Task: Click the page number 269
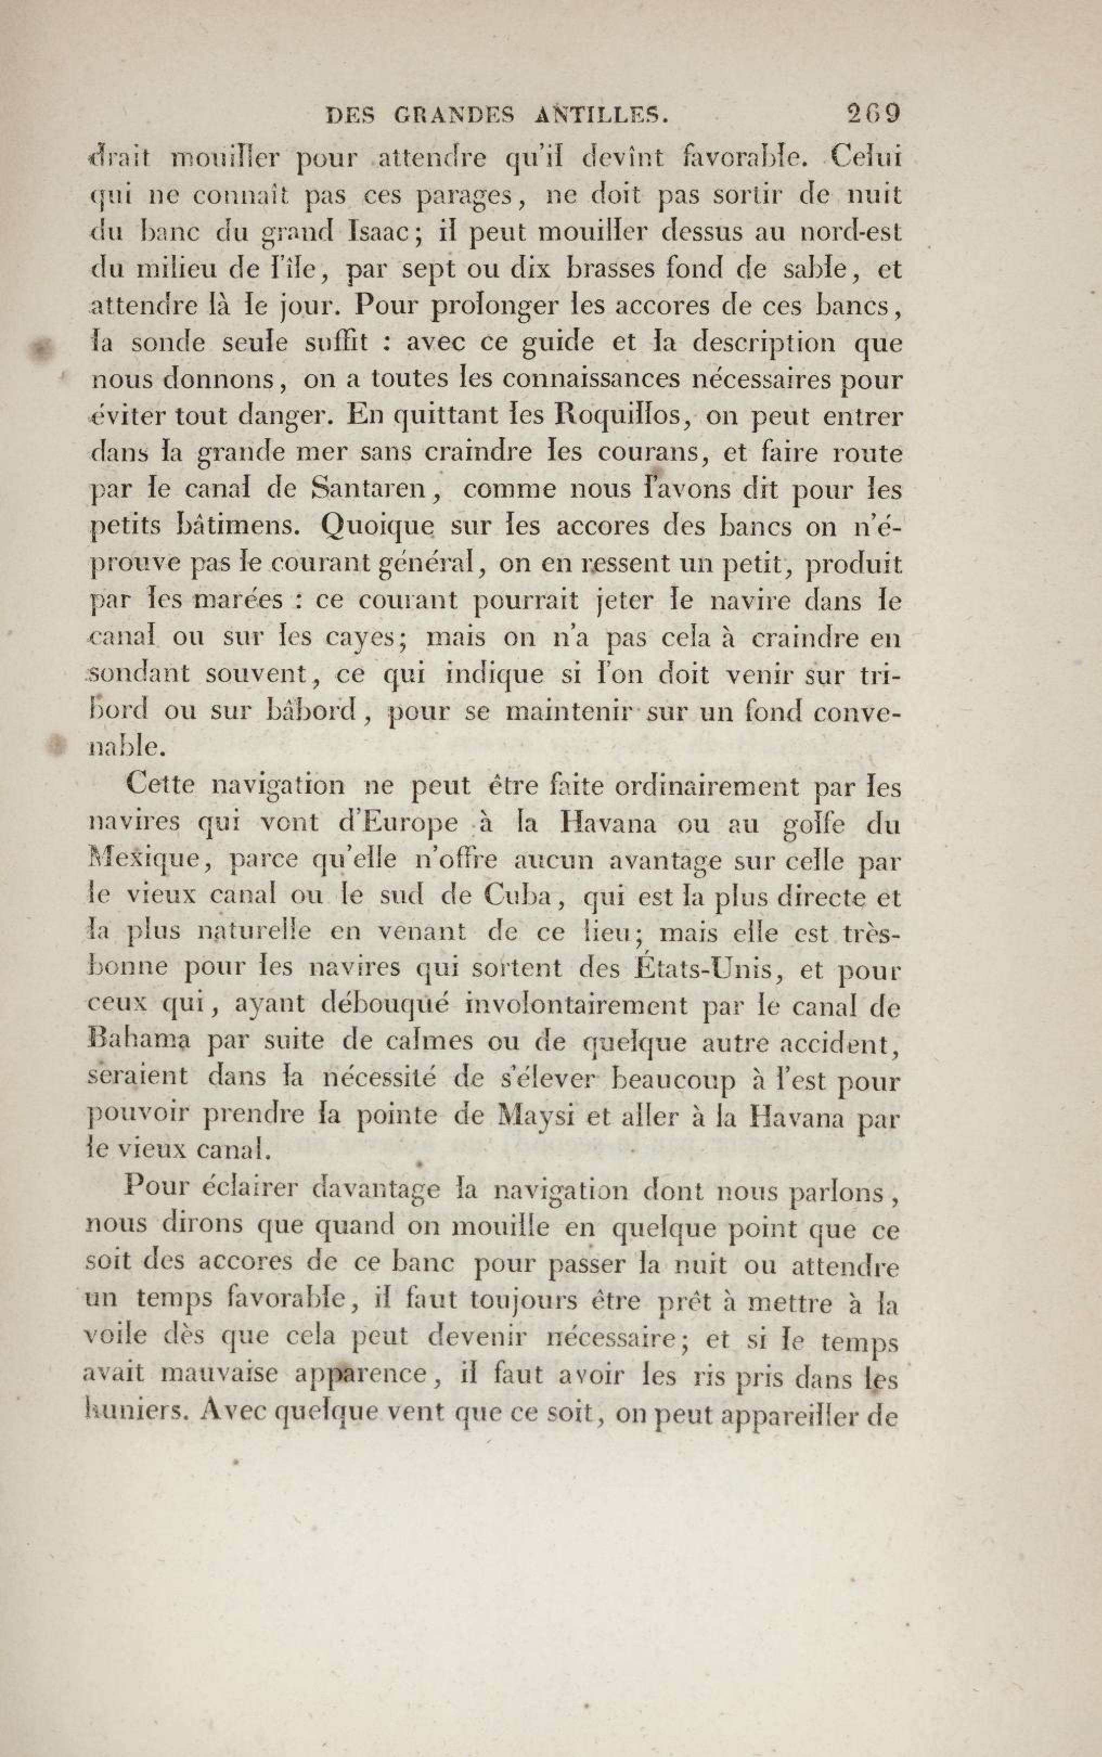(x=873, y=114)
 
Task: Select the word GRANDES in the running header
(x=455, y=114)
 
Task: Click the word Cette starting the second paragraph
(x=161, y=785)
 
